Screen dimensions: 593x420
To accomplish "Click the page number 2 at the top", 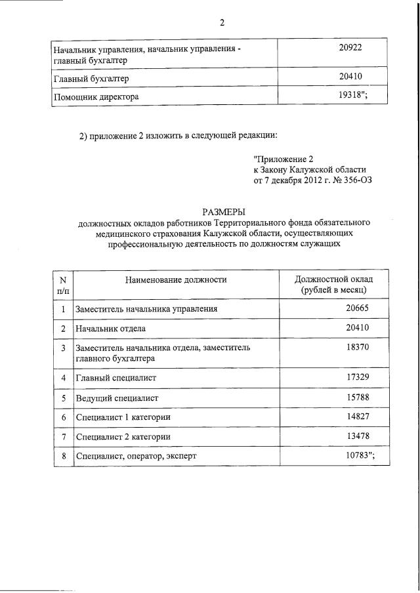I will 222,24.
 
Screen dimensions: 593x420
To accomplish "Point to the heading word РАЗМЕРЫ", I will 224,211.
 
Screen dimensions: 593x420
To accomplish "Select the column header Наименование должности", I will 176,279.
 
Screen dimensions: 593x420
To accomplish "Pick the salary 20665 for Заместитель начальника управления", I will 358,308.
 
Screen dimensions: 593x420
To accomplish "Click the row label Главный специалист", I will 116,378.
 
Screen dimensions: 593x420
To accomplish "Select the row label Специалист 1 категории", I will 122,418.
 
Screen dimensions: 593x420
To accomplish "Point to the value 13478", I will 358,436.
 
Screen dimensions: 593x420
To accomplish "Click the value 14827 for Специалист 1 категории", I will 358,417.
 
